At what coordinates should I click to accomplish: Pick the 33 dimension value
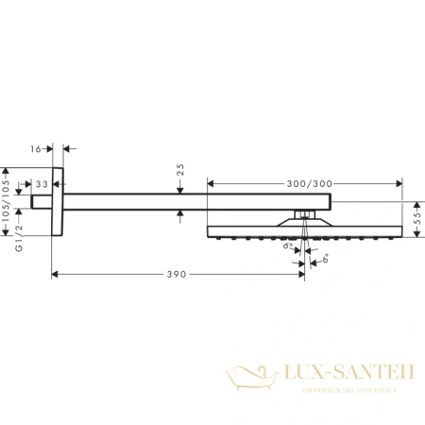[x=42, y=184]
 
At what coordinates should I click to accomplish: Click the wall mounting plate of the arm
[x=59, y=202]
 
